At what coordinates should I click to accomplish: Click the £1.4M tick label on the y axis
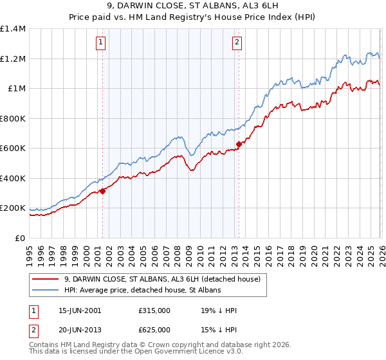[13, 29]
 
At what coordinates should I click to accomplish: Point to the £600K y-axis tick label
[13, 148]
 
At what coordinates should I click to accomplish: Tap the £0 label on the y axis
[21, 238]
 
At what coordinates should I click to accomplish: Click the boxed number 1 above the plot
[102, 43]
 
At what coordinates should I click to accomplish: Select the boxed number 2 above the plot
[237, 43]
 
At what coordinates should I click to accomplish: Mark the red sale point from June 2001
[102, 191]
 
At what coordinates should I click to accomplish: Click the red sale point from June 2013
[239, 145]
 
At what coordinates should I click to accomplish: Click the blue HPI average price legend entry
[142, 291]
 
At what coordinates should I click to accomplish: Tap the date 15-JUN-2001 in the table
[80, 310]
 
